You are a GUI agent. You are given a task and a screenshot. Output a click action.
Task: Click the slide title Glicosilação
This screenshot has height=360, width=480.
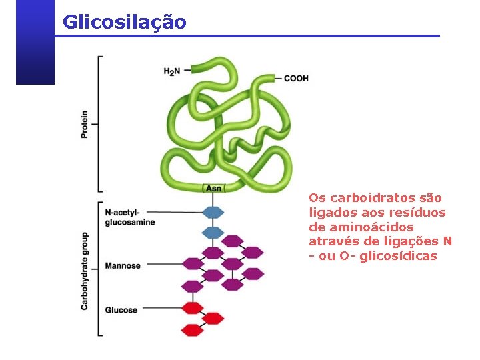click(124, 22)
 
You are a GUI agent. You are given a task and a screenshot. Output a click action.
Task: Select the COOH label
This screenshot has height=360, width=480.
click(296, 78)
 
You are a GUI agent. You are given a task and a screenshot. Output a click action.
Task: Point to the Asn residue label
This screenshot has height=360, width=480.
click(214, 189)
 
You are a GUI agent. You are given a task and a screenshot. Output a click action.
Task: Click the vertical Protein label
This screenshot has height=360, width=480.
click(85, 124)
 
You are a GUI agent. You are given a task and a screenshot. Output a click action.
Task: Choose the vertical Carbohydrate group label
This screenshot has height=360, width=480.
click(85, 271)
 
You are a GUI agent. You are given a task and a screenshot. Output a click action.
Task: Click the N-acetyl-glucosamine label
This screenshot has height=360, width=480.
click(129, 217)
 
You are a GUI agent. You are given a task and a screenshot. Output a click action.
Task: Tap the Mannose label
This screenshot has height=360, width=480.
click(123, 266)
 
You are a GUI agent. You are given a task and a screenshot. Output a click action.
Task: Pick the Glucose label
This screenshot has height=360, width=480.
click(121, 310)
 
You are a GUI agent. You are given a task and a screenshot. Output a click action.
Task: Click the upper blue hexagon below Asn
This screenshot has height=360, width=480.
click(213, 212)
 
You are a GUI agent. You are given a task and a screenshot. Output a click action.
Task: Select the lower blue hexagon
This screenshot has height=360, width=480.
click(213, 233)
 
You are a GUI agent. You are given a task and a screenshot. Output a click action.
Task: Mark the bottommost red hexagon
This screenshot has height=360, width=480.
click(192, 330)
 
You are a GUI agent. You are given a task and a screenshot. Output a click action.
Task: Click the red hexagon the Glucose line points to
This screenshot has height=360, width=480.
click(192, 307)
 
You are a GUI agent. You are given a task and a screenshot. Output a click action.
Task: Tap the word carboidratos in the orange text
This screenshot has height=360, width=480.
click(368, 198)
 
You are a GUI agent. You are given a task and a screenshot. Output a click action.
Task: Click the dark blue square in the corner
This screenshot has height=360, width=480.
click(35, 41)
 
